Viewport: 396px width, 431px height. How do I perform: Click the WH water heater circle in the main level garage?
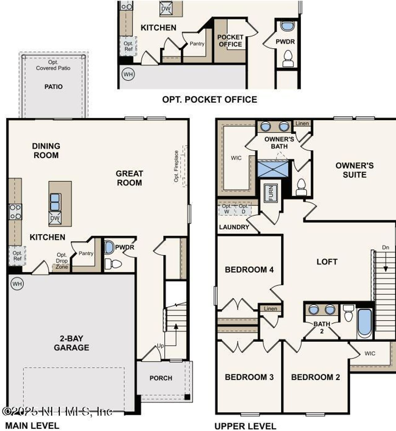pyautogui.click(x=17, y=284)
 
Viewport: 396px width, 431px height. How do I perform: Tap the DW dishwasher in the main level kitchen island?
pyautogui.click(x=55, y=218)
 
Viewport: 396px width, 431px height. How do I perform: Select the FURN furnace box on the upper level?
pyautogui.click(x=271, y=193)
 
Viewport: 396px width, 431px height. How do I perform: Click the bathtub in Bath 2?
pyautogui.click(x=364, y=322)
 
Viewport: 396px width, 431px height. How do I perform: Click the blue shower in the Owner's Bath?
pyautogui.click(x=273, y=169)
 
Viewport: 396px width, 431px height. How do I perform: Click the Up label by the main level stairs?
pyautogui.click(x=160, y=346)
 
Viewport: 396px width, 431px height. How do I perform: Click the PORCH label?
pyautogui.click(x=161, y=378)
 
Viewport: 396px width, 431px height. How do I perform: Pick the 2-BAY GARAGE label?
pyautogui.click(x=71, y=343)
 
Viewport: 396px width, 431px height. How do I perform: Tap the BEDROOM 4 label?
pyautogui.click(x=249, y=270)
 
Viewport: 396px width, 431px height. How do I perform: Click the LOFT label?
pyautogui.click(x=327, y=262)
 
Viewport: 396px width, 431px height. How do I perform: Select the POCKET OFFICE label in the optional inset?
pyautogui.click(x=230, y=41)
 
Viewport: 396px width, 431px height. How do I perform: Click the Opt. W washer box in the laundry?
pyautogui.click(x=226, y=209)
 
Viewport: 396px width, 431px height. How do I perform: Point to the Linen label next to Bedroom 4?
pyautogui.click(x=270, y=308)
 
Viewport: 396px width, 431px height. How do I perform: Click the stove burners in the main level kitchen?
pyautogui.click(x=15, y=212)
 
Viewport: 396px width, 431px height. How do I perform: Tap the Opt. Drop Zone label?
pyautogui.click(x=62, y=261)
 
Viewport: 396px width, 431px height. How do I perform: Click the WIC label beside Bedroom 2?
pyautogui.click(x=370, y=353)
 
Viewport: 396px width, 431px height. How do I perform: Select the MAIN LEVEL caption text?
pyautogui.click(x=32, y=425)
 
